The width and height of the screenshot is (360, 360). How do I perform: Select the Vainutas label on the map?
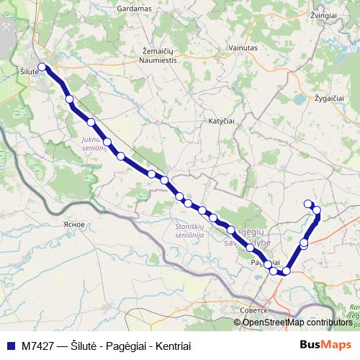tap(243, 48)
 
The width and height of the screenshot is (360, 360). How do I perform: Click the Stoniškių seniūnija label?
tap(190, 231)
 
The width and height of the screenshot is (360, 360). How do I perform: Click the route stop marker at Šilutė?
tap(42, 67)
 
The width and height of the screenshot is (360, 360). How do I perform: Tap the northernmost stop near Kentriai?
tap(308, 203)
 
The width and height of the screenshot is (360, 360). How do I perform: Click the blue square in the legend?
tap(11, 346)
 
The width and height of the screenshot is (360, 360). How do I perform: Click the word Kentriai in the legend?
tap(171, 346)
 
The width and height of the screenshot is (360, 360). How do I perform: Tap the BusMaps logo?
tap(325, 345)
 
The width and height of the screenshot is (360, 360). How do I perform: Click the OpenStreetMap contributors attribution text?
tap(297, 322)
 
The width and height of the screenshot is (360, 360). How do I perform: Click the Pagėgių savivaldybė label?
tap(248, 237)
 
